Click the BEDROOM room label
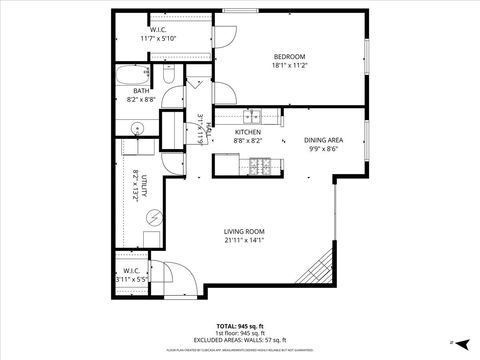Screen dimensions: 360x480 [x=290, y=56]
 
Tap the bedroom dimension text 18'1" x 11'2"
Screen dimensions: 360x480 [x=290, y=66]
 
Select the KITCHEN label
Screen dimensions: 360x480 [x=248, y=132]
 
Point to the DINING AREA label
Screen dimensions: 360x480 [x=324, y=140]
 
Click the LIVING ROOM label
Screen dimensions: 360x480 [x=243, y=229]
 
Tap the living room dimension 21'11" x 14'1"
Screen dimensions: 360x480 [x=243, y=239]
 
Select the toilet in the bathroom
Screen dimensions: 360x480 [x=170, y=76]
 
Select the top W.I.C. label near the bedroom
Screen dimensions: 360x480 [x=158, y=30]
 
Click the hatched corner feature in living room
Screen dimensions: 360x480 [x=316, y=267]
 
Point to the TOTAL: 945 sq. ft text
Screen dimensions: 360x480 [x=240, y=325]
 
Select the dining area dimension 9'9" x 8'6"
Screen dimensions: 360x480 [x=324, y=150]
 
